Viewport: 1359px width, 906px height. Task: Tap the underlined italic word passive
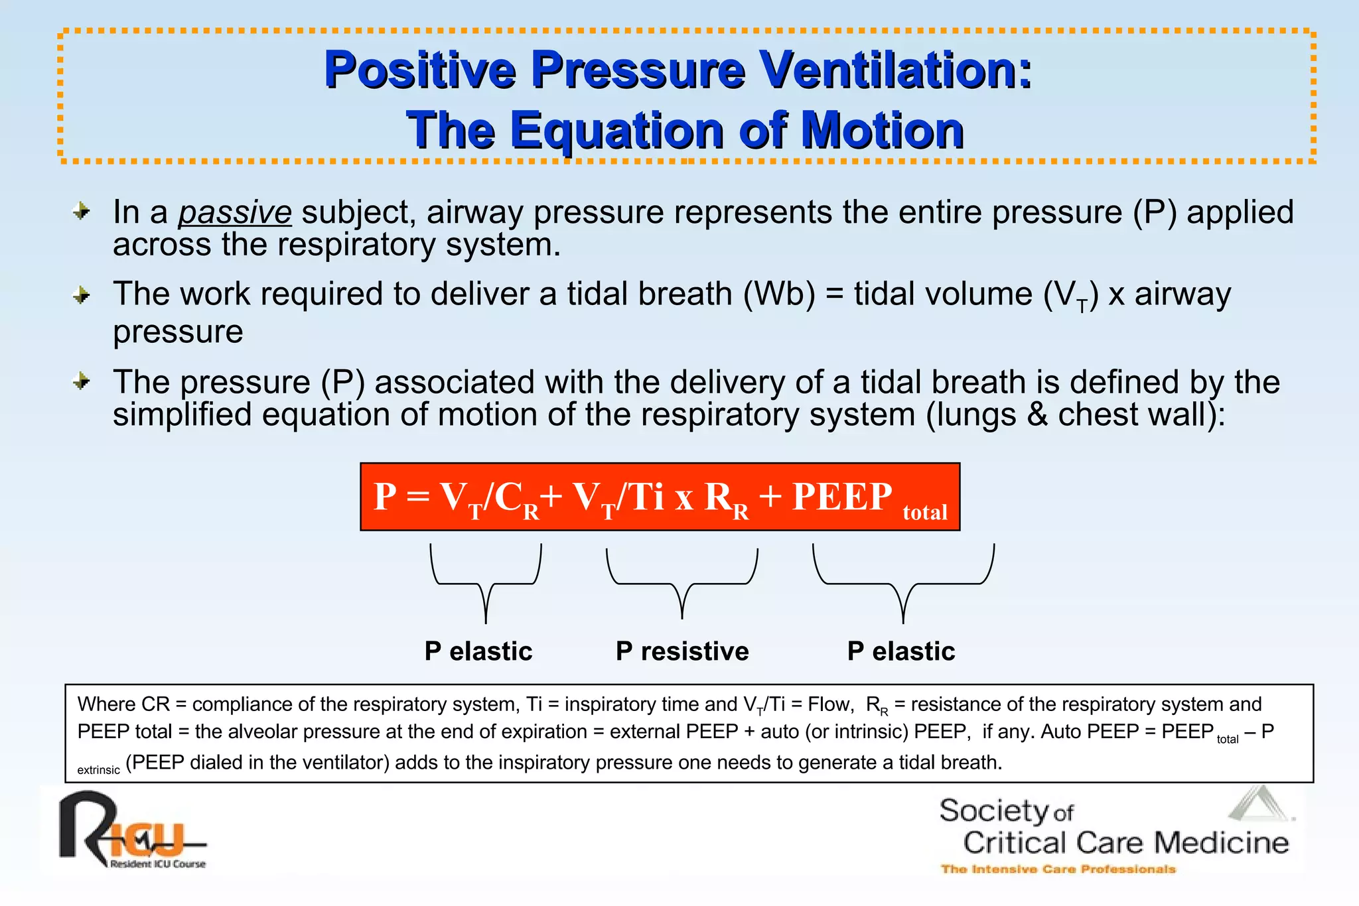click(x=235, y=213)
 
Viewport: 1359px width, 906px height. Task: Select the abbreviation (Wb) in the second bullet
click(x=779, y=294)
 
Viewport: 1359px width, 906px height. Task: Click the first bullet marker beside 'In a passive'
click(x=82, y=212)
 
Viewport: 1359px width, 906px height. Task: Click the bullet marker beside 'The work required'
click(x=82, y=294)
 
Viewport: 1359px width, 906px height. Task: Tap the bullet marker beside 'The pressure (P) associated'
click(x=82, y=381)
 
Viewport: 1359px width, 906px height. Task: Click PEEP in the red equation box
click(x=842, y=496)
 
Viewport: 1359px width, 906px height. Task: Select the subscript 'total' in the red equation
click(x=924, y=512)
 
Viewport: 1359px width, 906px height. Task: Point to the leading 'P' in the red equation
click(x=385, y=496)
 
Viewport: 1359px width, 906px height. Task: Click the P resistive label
click(x=682, y=651)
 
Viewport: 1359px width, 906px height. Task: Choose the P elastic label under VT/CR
click(x=478, y=651)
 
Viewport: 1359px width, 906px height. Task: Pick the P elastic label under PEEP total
click(x=901, y=651)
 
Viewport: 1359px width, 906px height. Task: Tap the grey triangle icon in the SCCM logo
click(x=1259, y=805)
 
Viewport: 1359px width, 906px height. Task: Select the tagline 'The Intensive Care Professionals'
click(x=1058, y=869)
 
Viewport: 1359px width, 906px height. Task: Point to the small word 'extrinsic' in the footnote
click(x=98, y=770)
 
